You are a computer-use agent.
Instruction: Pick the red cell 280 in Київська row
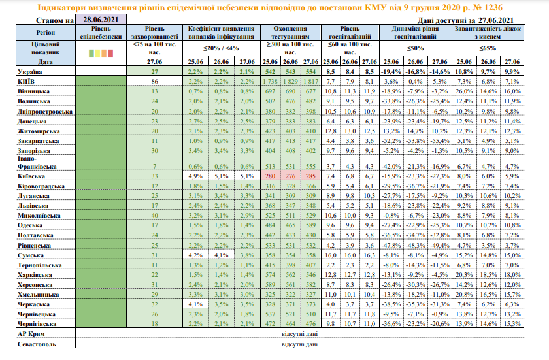pos(269,176)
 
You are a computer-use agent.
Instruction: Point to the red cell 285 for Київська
pos(310,176)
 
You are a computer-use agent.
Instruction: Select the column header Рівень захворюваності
pos(154,33)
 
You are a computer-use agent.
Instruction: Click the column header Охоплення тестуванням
pos(290,33)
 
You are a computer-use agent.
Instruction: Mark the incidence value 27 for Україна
pos(155,71)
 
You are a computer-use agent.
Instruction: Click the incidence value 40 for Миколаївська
pos(155,214)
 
